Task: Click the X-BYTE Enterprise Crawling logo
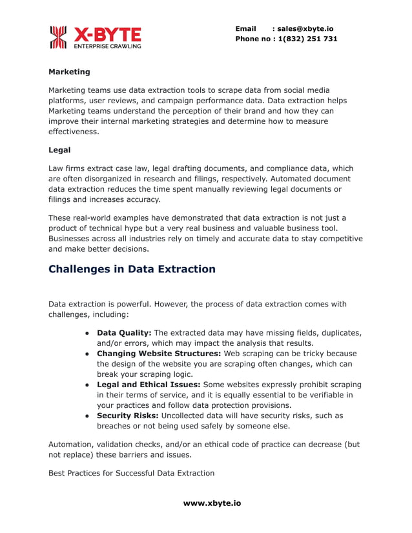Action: [x=95, y=37]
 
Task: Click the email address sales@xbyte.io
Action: [x=305, y=28]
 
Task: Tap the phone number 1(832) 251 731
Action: [x=307, y=39]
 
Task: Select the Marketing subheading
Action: [x=69, y=72]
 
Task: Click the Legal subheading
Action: [x=59, y=150]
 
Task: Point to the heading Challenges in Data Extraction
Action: [x=132, y=269]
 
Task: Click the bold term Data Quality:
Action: [x=124, y=332]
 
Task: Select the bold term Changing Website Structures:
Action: [x=159, y=354]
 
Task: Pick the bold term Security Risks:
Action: [x=127, y=416]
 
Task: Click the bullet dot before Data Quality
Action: [x=87, y=333]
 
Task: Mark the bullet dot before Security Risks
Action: [x=87, y=416]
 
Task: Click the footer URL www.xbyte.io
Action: [x=212, y=503]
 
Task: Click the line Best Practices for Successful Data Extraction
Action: [x=131, y=473]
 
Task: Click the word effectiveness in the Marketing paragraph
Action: [x=74, y=132]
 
